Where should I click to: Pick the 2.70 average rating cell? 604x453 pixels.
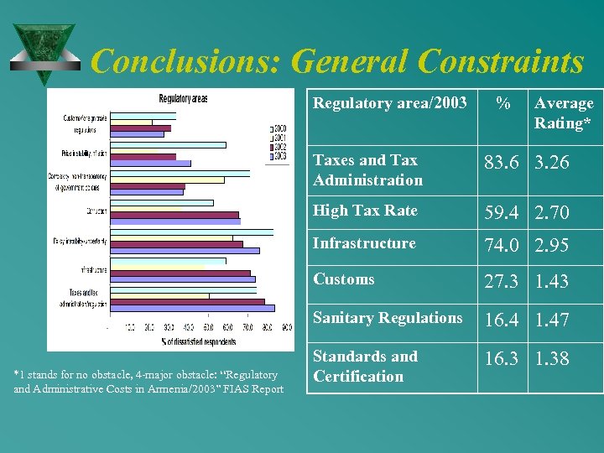point(552,213)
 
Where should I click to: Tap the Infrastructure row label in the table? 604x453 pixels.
point(364,243)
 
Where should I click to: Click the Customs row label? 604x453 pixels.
point(344,279)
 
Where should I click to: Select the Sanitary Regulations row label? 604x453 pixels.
point(388,318)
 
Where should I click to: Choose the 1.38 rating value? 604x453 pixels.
point(552,359)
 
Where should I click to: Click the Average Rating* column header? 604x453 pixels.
point(564,113)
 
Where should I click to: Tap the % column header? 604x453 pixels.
point(502,104)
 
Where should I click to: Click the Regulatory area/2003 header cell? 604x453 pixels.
point(390,103)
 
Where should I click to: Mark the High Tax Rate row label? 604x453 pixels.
point(365,211)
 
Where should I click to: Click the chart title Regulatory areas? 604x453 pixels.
point(183,98)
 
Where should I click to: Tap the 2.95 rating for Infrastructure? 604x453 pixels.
point(552,246)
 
